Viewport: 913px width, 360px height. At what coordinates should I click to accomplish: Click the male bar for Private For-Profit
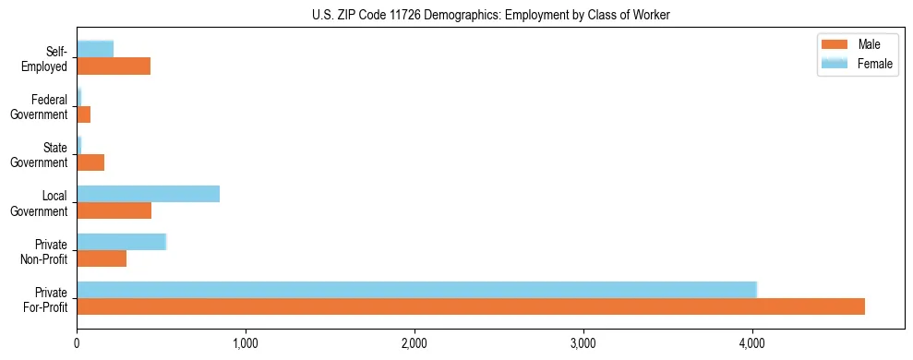[471, 306]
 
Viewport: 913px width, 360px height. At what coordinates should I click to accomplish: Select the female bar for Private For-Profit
[416, 290]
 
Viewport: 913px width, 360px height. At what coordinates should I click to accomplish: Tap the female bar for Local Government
[148, 194]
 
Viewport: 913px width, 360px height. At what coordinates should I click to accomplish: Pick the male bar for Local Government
[114, 210]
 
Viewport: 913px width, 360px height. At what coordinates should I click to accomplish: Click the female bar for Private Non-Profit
[121, 242]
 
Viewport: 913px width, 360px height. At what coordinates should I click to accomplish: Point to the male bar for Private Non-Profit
[102, 258]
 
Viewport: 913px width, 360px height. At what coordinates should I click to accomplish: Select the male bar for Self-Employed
[114, 66]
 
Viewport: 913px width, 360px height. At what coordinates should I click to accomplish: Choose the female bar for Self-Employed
[95, 49]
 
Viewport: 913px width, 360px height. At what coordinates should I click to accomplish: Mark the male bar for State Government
[90, 162]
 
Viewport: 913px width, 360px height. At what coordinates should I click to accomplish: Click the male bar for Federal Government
[83, 114]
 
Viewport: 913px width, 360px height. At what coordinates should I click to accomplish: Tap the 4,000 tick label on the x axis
[752, 343]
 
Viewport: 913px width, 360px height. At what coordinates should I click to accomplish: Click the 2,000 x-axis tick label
[414, 343]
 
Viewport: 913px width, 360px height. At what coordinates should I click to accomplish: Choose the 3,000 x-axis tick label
[583, 343]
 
